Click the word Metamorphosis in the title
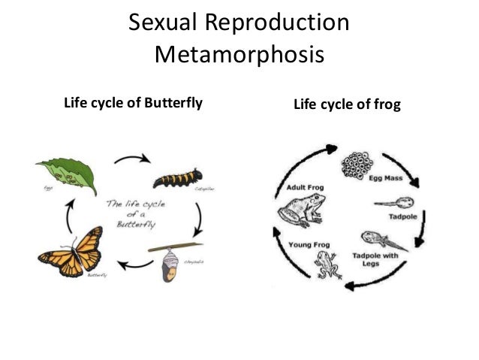tap(239, 56)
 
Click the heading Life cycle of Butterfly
tap(134, 104)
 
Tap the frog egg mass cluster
tap(357, 165)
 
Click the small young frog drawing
tap(327, 262)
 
